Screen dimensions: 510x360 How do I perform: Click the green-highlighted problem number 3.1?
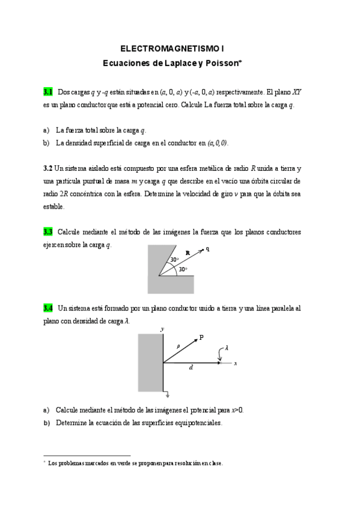click(x=48, y=92)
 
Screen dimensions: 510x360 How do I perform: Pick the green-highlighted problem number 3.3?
click(x=48, y=232)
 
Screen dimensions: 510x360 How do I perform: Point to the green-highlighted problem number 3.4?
click(x=48, y=308)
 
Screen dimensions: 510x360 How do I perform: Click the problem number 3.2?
click(x=48, y=168)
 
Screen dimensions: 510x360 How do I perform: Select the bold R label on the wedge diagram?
click(x=188, y=254)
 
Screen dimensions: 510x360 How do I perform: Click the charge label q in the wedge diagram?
click(x=207, y=248)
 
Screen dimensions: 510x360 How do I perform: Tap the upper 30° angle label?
click(x=174, y=260)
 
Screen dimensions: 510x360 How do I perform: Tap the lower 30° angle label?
click(x=182, y=269)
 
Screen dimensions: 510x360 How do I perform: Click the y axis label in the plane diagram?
click(x=162, y=329)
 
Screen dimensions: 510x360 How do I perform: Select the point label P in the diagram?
click(x=201, y=337)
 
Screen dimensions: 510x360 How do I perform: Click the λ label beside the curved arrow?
click(x=227, y=348)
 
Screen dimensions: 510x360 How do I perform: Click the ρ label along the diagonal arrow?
click(x=178, y=346)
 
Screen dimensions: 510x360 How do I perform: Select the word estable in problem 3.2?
click(x=53, y=206)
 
